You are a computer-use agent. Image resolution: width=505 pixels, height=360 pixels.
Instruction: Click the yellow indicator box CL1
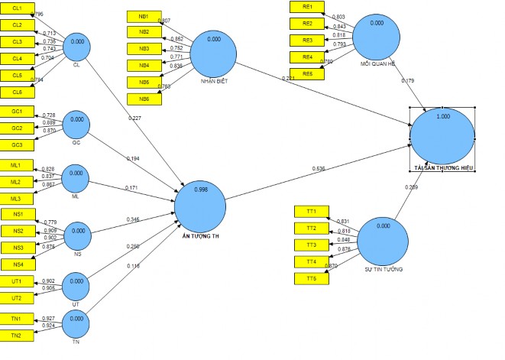tap(17, 9)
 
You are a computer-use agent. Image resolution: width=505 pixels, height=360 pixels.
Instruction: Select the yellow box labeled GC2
tap(16, 128)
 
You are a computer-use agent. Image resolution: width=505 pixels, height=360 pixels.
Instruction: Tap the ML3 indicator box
tap(16, 198)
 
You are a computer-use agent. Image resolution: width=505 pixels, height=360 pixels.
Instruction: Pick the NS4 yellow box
tap(18, 264)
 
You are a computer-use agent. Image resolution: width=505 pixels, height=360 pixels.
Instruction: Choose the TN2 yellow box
tap(16, 336)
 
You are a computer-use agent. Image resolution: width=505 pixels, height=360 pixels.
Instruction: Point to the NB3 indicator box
tap(144, 49)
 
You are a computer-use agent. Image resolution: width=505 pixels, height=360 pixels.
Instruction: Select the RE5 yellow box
tap(308, 73)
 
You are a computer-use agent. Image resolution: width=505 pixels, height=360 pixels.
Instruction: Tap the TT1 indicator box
tap(311, 211)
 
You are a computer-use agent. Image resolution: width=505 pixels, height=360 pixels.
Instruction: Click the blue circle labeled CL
tap(77, 46)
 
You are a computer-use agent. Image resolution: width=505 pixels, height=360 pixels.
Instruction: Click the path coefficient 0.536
tap(319, 168)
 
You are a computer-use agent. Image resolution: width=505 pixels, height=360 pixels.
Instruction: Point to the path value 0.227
tap(136, 117)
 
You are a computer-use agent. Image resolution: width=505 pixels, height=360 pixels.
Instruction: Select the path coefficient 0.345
tap(134, 220)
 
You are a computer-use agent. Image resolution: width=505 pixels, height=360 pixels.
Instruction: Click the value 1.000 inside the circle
tap(442, 117)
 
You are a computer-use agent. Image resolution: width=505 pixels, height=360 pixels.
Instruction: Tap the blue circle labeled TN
tap(76, 326)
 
